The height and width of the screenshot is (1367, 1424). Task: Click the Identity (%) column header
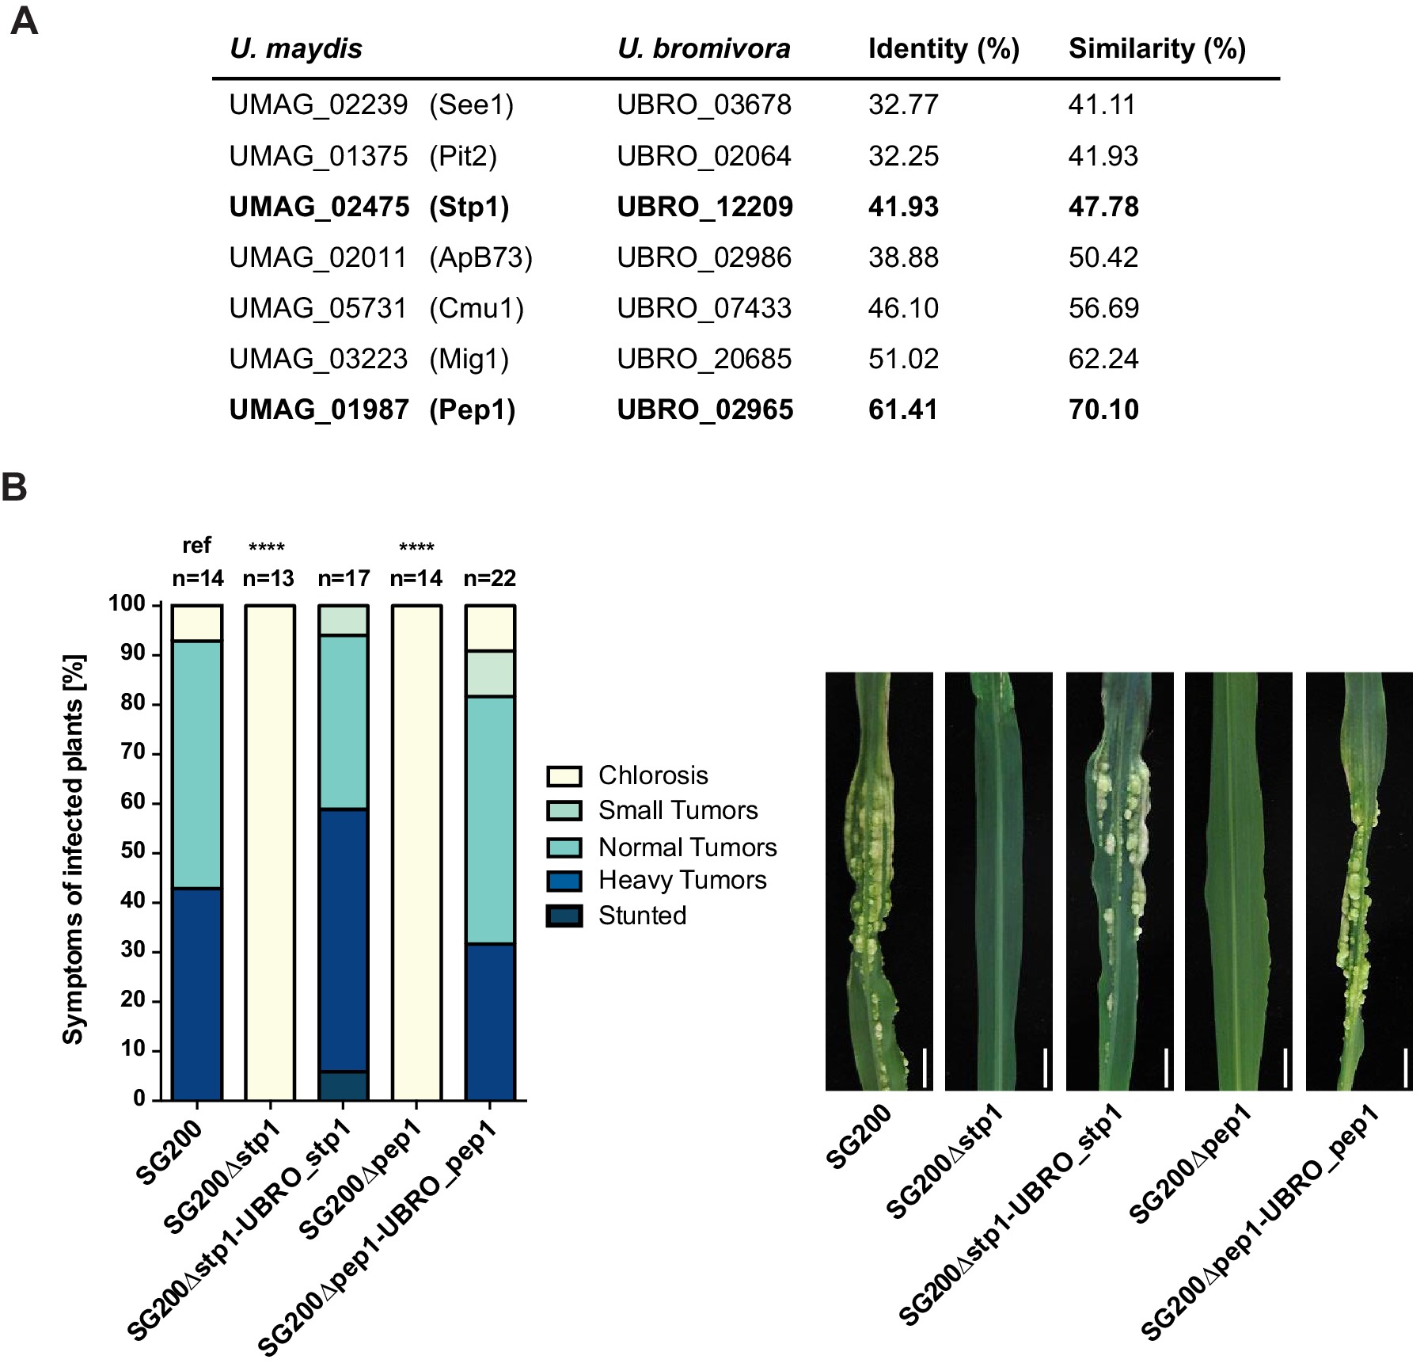943,49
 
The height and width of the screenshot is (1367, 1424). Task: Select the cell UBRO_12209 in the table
704,207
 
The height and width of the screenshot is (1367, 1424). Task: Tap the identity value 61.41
902,409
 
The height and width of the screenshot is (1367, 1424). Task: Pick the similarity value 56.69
1103,308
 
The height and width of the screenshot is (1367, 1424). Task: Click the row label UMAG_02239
318,105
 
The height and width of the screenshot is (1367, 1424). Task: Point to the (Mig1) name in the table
469,359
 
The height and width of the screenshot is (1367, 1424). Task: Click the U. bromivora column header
704,49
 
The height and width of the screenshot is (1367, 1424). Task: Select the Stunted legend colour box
564,916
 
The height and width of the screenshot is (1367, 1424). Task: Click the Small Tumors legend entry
678,810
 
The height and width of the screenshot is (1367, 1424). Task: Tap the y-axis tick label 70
133,752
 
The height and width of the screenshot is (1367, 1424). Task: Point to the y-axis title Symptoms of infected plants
73,849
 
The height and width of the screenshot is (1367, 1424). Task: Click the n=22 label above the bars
490,578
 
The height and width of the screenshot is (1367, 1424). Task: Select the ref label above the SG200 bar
196,546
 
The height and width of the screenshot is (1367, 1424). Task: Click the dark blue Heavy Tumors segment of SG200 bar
197,994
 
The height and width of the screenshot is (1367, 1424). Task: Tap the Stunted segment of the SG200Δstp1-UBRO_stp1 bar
344,1086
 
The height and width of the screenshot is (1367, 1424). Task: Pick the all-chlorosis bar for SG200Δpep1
416,852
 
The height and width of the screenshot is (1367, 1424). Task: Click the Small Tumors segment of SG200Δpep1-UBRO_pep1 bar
490,673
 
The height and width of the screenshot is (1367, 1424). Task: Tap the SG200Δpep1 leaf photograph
1238,881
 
